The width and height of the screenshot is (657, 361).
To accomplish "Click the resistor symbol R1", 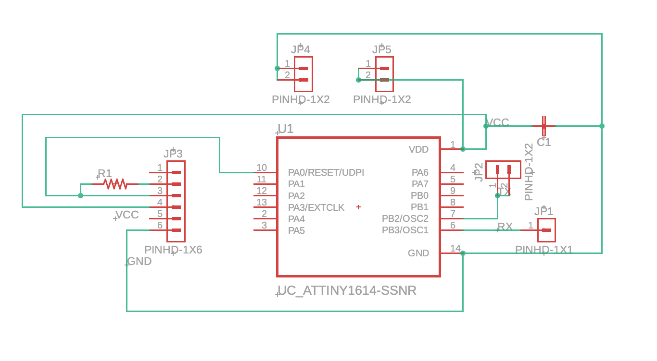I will pyautogui.click(x=115, y=184).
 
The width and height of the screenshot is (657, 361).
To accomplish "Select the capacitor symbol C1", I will pyautogui.click(x=544, y=126).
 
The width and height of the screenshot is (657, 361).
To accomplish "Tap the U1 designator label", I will pyautogui.click(x=286, y=129).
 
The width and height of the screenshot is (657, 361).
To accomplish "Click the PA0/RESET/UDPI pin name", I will pyautogui.click(x=326, y=172).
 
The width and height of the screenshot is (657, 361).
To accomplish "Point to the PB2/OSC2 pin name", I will pyautogui.click(x=405, y=218).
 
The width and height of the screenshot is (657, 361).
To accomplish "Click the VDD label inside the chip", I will pyautogui.click(x=418, y=149).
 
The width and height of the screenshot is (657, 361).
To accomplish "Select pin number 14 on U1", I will pyautogui.click(x=455, y=248).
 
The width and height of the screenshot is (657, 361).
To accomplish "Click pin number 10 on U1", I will pyautogui.click(x=262, y=168).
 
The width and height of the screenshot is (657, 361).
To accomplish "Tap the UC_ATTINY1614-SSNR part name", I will pyautogui.click(x=347, y=290).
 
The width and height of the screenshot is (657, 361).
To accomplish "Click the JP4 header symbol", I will pyautogui.click(x=303, y=74).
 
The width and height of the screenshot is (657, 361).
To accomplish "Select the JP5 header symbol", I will pyautogui.click(x=384, y=74).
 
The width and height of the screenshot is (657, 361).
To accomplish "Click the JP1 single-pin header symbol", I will pyautogui.click(x=546, y=230).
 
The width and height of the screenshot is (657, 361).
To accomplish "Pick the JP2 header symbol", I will pyautogui.click(x=503, y=169).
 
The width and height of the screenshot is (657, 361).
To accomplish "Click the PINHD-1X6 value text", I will pyautogui.click(x=173, y=250).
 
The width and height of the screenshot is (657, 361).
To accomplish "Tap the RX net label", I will pyautogui.click(x=505, y=227).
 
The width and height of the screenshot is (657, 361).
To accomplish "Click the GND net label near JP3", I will pyautogui.click(x=139, y=261).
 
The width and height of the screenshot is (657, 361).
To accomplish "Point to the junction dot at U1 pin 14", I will pyautogui.click(x=463, y=253).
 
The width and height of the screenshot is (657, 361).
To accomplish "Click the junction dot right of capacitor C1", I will pyautogui.click(x=602, y=126).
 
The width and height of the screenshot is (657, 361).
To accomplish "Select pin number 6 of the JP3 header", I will pyautogui.click(x=160, y=225).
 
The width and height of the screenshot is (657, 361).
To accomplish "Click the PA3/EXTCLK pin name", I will pyautogui.click(x=316, y=207).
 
